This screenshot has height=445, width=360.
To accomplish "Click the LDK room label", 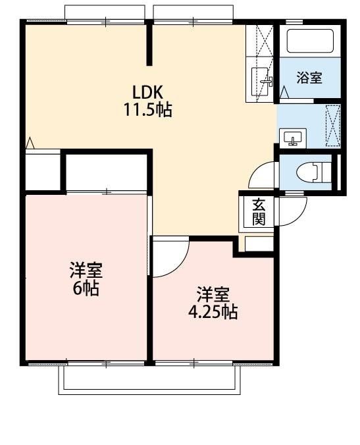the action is (x=147, y=92).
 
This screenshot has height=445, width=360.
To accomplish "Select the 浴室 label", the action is (x=309, y=78).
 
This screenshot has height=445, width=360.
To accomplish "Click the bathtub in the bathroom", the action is (x=310, y=41).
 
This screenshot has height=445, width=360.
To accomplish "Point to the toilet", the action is (x=313, y=172).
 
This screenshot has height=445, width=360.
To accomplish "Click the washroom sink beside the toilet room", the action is (x=293, y=138).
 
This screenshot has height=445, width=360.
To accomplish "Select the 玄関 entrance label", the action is (x=259, y=212).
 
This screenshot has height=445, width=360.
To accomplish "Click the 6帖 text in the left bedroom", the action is (x=86, y=288).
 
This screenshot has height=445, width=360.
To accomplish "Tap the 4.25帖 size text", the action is (x=213, y=312).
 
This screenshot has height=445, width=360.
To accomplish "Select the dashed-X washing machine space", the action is (x=333, y=126).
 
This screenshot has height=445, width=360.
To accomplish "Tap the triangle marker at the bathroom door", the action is (x=284, y=93).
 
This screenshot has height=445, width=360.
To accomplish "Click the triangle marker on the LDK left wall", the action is (x=30, y=143).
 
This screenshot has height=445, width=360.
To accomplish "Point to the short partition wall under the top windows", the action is (x=149, y=45).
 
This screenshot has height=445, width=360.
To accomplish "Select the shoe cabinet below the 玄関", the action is (x=259, y=244).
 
